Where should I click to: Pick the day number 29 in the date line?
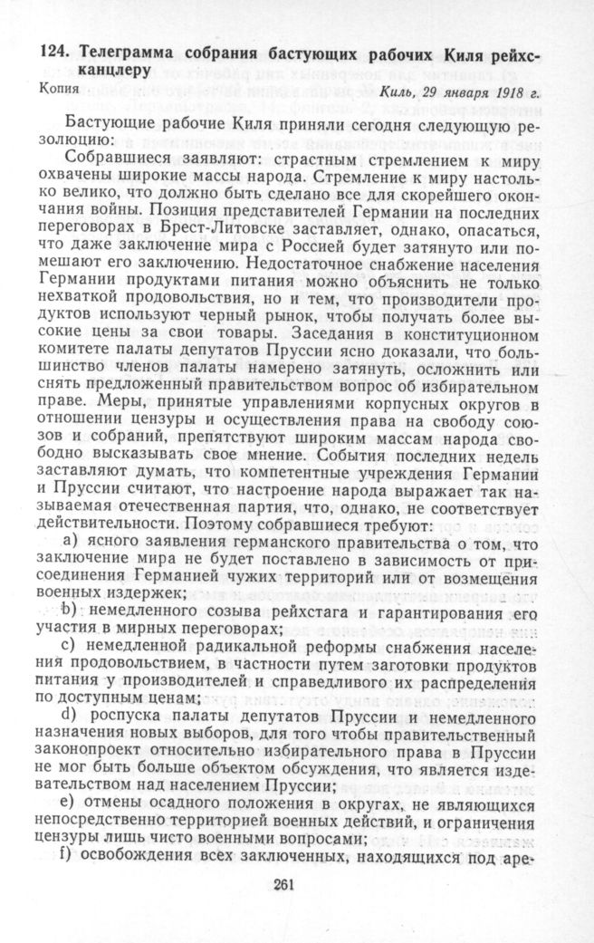point(437,93)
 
